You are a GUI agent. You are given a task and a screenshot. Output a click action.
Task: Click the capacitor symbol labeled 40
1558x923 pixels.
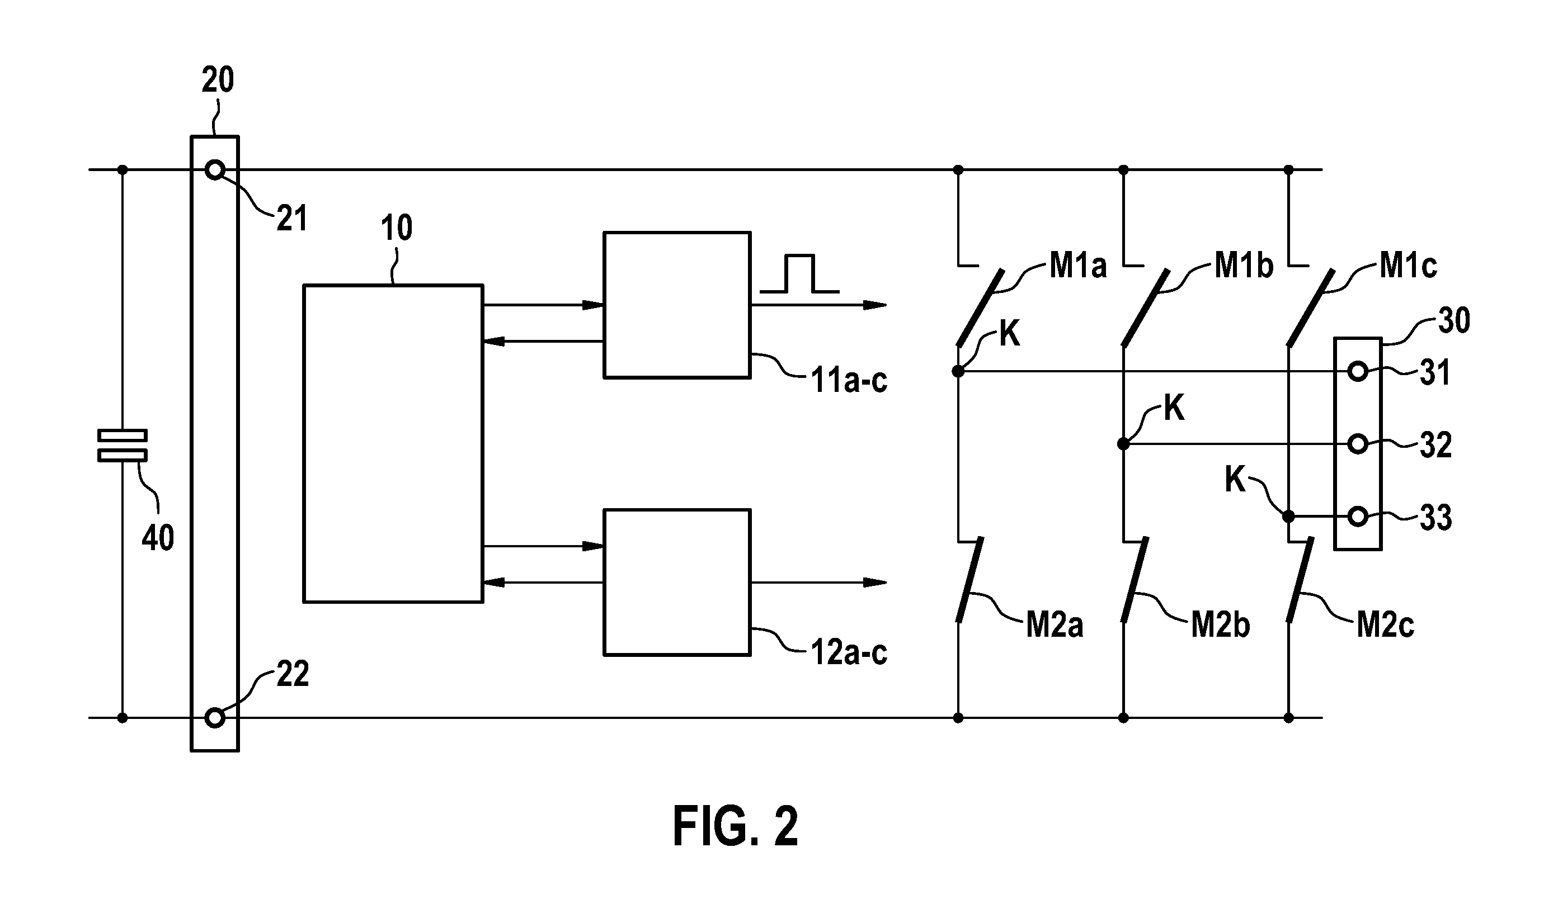coord(122,446)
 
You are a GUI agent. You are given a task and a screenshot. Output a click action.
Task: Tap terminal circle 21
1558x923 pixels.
coord(215,169)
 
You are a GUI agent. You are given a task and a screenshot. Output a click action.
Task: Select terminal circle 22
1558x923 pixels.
coord(215,718)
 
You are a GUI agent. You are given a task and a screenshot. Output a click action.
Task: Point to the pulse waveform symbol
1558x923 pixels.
coord(799,274)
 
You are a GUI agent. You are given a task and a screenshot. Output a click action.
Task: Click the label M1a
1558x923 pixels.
coord(1078,266)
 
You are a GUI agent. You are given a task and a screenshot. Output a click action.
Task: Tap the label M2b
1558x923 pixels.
coord(1220,625)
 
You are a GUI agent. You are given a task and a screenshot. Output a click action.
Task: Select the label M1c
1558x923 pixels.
coord(1408,266)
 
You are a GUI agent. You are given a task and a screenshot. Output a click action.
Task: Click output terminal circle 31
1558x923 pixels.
coord(1358,372)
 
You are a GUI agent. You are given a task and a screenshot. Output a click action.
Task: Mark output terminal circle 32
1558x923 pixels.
coord(1358,444)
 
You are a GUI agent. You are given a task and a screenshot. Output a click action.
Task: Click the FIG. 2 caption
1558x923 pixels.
coord(736,827)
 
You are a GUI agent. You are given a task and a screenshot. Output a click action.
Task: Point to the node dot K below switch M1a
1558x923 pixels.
coord(958,371)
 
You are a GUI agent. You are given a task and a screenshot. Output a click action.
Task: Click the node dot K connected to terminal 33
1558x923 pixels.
coord(1288,516)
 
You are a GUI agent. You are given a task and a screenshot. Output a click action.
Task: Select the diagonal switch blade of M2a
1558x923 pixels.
coord(969,580)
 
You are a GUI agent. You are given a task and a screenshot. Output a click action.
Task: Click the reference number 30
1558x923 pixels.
coord(1454,320)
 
